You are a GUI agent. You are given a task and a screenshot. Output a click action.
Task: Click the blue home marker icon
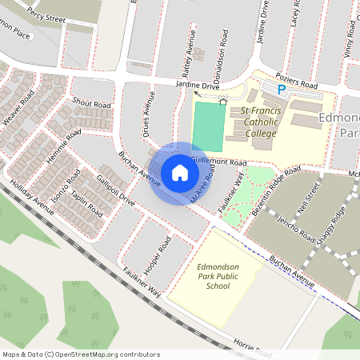click(x=180, y=172)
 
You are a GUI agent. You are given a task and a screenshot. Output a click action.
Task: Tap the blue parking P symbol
click(x=281, y=90)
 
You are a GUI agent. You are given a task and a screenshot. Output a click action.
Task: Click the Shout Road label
click(x=90, y=103)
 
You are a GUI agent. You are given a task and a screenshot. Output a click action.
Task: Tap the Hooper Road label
click(x=157, y=254)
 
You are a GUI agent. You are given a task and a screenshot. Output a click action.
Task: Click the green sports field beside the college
click(x=206, y=126)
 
